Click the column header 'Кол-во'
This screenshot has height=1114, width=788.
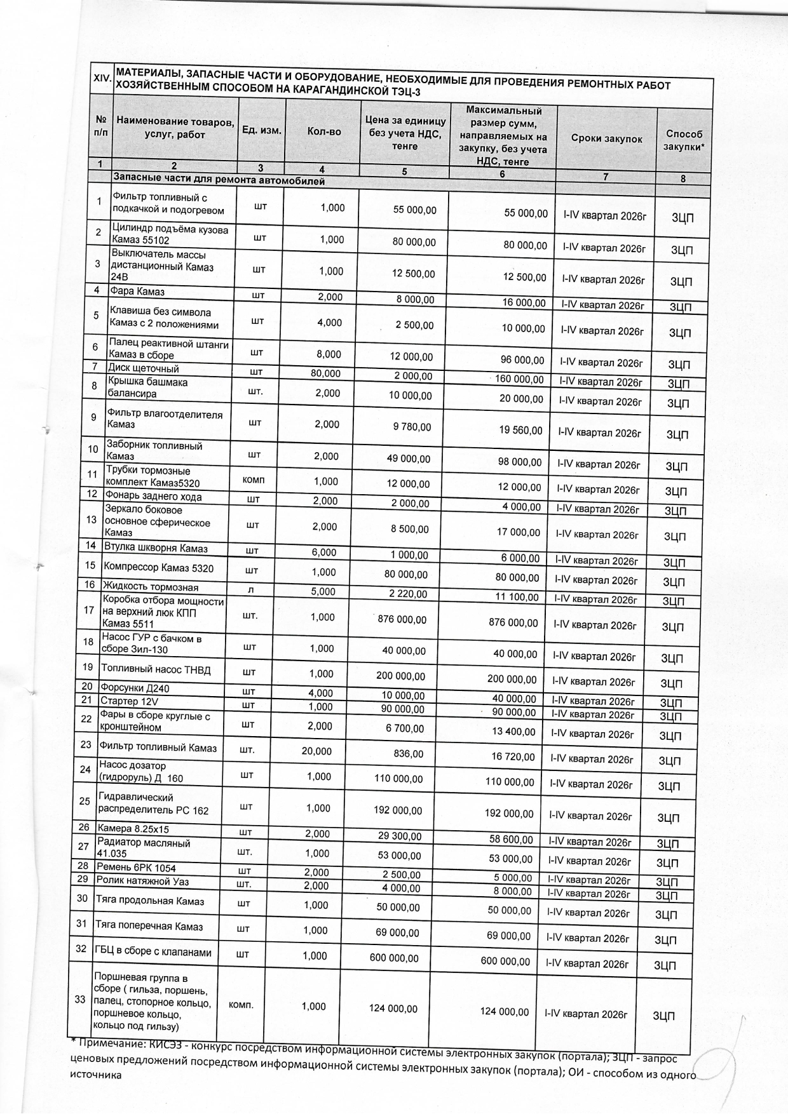(323, 131)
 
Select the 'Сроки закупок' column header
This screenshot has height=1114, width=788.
(606, 139)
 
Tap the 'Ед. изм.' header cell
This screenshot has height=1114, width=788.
(262, 130)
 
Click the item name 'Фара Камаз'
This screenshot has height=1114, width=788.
(137, 292)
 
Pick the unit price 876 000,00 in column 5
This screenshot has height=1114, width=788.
(402, 619)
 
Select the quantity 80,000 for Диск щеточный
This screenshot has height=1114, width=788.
(325, 373)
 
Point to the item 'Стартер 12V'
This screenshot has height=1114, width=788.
(129, 701)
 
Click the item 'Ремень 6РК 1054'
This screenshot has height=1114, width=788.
(135, 868)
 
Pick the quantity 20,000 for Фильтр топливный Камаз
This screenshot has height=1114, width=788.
(316, 751)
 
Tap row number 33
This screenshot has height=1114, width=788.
(80, 999)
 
